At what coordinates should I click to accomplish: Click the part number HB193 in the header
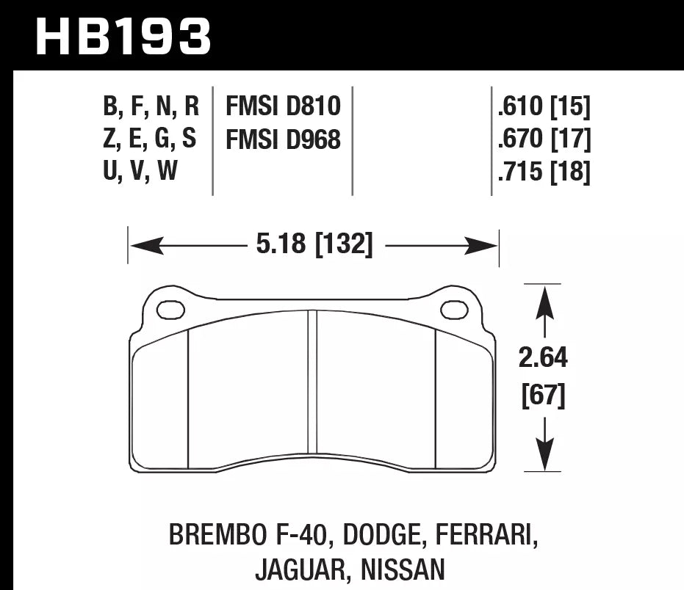[123, 36]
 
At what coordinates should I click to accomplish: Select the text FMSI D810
[283, 107]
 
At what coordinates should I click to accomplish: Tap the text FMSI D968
[283, 139]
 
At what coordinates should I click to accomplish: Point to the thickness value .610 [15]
[544, 108]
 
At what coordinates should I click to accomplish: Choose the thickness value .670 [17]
[544, 139]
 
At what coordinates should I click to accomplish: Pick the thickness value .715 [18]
[544, 172]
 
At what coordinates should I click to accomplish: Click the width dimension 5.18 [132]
[314, 244]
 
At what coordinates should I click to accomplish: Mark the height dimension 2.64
[544, 359]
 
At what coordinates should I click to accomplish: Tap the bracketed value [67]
[544, 396]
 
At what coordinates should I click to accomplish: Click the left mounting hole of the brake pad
[170, 310]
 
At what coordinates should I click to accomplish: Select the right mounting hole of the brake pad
[454, 310]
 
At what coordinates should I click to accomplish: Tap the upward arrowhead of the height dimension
[544, 302]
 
